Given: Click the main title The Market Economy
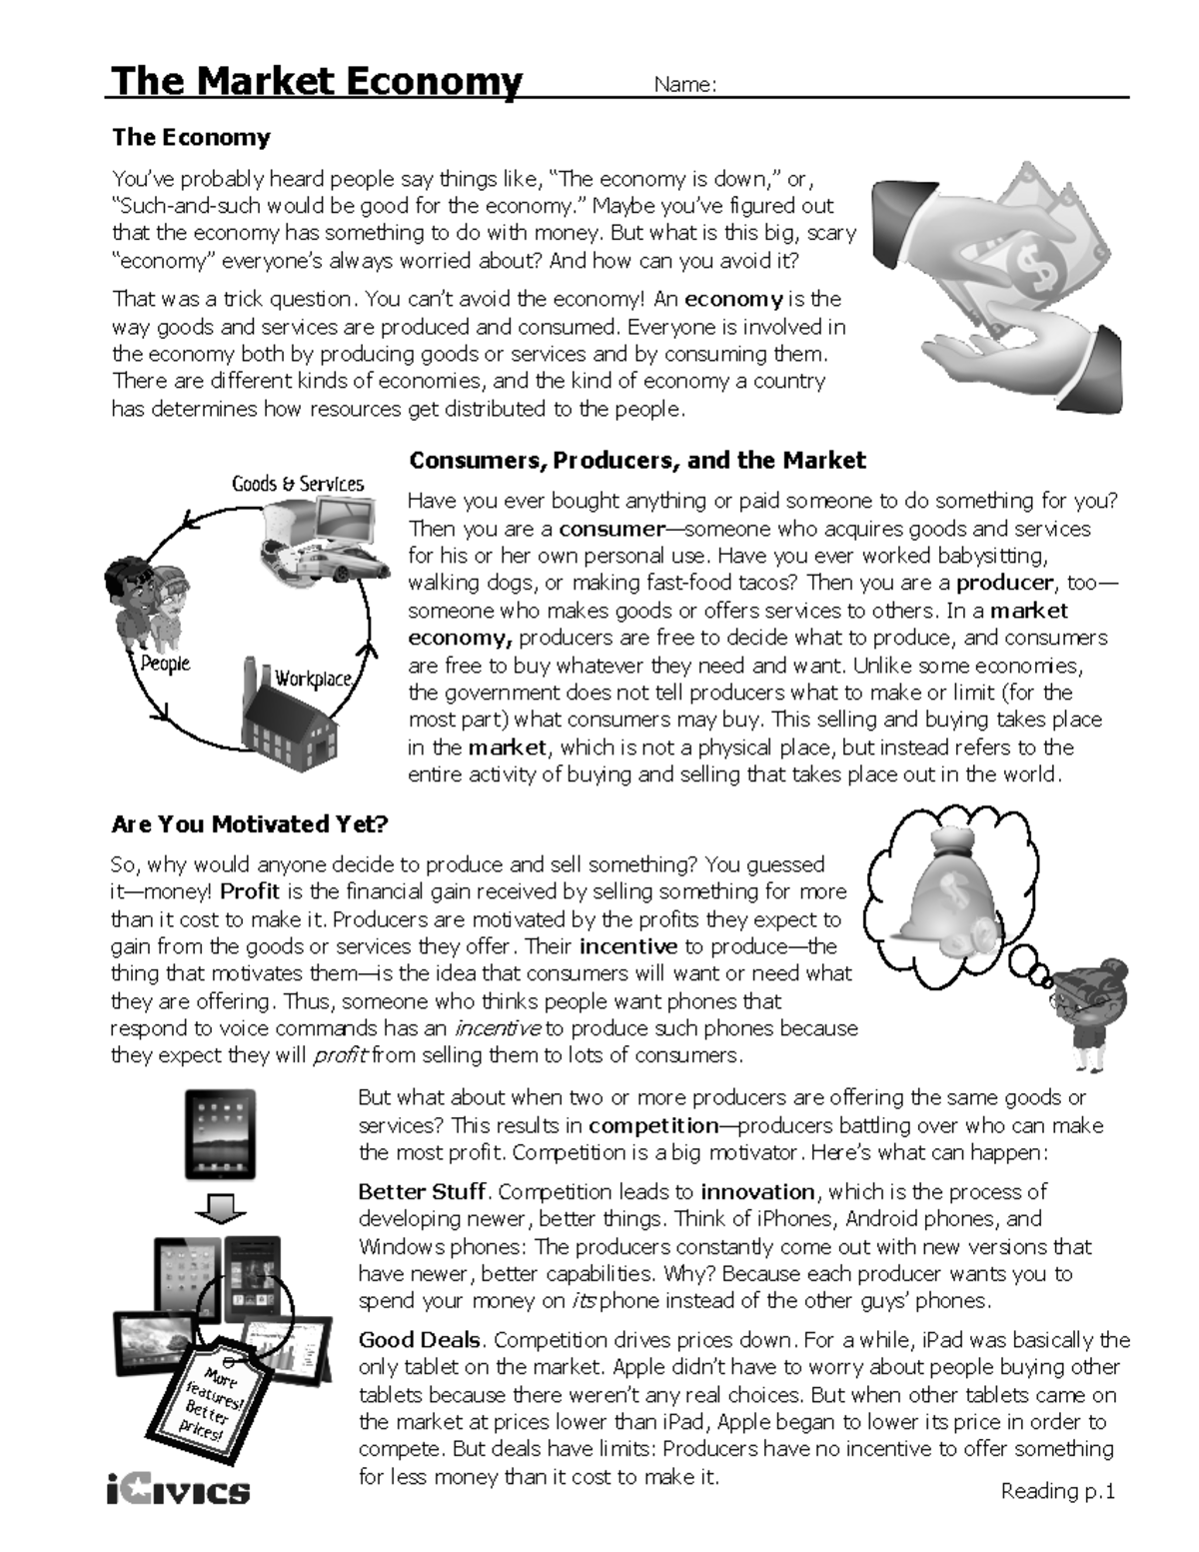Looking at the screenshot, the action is [x=317, y=81].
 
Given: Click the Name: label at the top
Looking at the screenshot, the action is [x=684, y=85].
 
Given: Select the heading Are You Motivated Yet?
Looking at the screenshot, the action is [x=250, y=824].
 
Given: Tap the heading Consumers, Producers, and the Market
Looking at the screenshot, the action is [x=637, y=461].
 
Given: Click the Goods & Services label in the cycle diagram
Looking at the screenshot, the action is [x=298, y=484].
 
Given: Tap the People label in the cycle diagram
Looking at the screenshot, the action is [x=165, y=664].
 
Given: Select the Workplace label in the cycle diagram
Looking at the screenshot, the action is [x=314, y=678].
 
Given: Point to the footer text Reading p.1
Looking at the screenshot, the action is [x=1057, y=1491].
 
